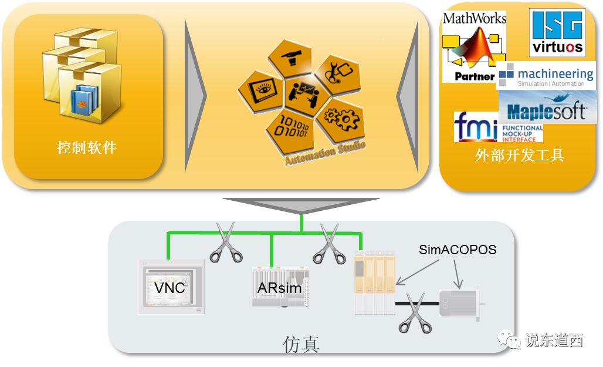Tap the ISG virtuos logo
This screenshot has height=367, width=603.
pyautogui.click(x=557, y=33)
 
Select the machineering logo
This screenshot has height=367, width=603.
pyautogui.click(x=547, y=76)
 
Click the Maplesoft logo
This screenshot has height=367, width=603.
pyautogui.click(x=547, y=111)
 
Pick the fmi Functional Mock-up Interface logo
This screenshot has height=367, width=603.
pyautogui.click(x=498, y=127)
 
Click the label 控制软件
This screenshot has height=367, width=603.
pyautogui.click(x=87, y=147)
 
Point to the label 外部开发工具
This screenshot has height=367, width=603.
pyautogui.click(x=519, y=156)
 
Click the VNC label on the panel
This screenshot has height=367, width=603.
pyautogui.click(x=170, y=288)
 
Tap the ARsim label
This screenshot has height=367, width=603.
pyautogui.click(x=279, y=288)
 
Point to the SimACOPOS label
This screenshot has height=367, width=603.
pyautogui.click(x=458, y=250)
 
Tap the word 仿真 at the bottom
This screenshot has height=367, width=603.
pyautogui.click(x=301, y=344)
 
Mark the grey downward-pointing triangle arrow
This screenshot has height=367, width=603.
pyautogui.click(x=300, y=206)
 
